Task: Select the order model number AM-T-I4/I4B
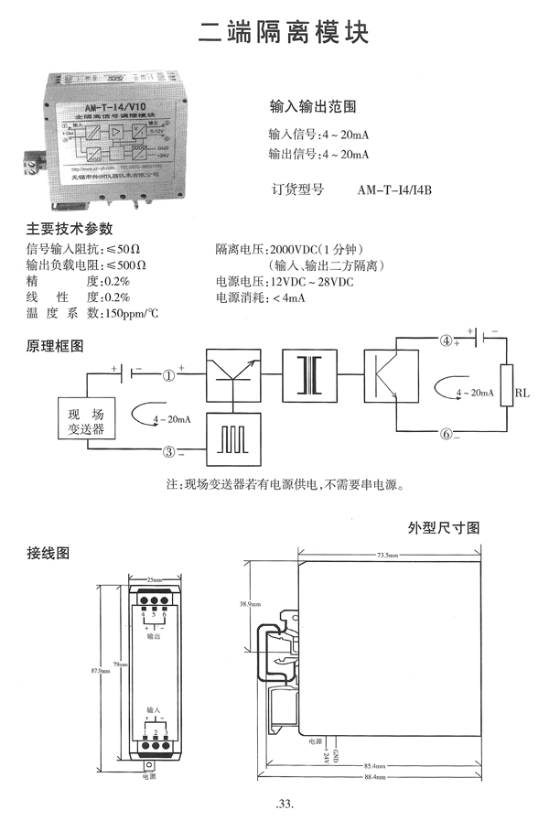pyautogui.click(x=393, y=191)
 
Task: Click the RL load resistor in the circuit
pyautogui.click(x=505, y=393)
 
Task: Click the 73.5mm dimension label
pyautogui.click(x=386, y=556)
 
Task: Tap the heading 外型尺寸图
pyautogui.click(x=444, y=529)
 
